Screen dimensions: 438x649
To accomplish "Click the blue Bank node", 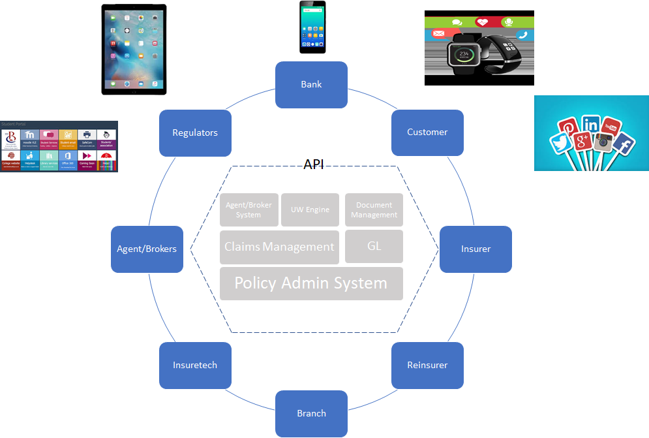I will (311, 85).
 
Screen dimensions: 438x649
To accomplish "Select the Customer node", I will (427, 133).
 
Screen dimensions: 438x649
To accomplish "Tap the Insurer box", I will (475, 249).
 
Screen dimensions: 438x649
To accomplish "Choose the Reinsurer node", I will (427, 365).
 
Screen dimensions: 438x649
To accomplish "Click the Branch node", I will (311, 413).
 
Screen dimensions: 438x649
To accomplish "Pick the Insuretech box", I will (195, 365).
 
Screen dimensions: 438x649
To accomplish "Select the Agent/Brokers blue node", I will (147, 249).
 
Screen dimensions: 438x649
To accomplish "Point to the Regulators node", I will (195, 133).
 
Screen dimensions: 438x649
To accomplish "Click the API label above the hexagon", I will (314, 164).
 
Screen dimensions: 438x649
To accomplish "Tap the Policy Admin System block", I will (311, 283).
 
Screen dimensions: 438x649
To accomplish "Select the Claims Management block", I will (279, 247).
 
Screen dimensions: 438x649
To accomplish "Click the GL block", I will (374, 247).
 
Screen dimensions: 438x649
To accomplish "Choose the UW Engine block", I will (310, 210).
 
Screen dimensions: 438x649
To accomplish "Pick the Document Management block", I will (374, 210).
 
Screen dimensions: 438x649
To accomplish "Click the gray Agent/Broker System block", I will (249, 210).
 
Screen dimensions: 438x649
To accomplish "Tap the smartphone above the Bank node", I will (312, 27).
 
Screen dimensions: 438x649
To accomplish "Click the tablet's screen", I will (134, 49).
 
